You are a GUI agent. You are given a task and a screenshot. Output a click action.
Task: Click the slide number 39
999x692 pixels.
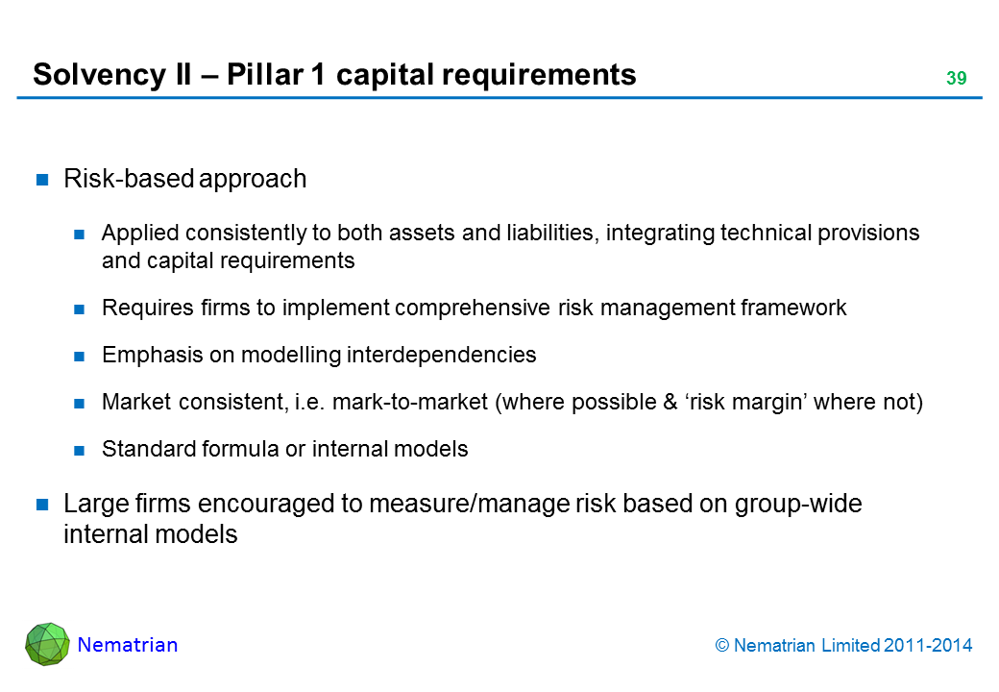pyautogui.click(x=955, y=79)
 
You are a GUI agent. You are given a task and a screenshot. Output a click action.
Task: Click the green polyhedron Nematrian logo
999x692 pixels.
pyautogui.click(x=47, y=644)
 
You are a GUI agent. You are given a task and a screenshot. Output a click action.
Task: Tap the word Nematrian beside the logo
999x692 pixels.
pyautogui.click(x=128, y=645)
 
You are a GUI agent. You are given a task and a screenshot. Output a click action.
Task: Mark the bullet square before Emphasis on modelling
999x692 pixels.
pyautogui.click(x=81, y=356)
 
